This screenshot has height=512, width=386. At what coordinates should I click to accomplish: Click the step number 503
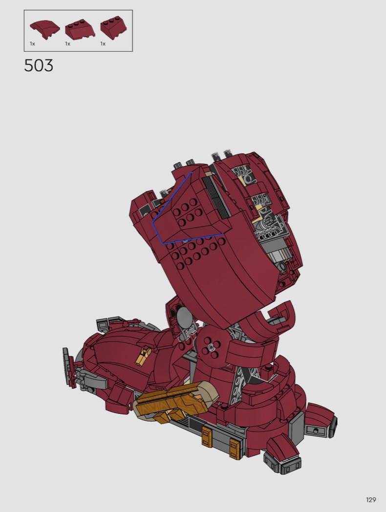[39, 66]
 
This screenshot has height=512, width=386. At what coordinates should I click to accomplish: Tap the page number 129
[371, 500]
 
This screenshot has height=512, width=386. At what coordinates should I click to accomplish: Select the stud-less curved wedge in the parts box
[45, 29]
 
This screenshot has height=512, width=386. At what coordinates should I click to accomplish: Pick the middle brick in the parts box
[80, 29]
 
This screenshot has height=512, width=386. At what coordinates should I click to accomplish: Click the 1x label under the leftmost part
[32, 44]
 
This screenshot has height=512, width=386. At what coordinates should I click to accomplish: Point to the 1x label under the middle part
[68, 44]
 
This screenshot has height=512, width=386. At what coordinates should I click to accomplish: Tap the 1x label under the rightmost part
[103, 44]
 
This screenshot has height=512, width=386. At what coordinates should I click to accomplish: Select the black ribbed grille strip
[216, 198]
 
